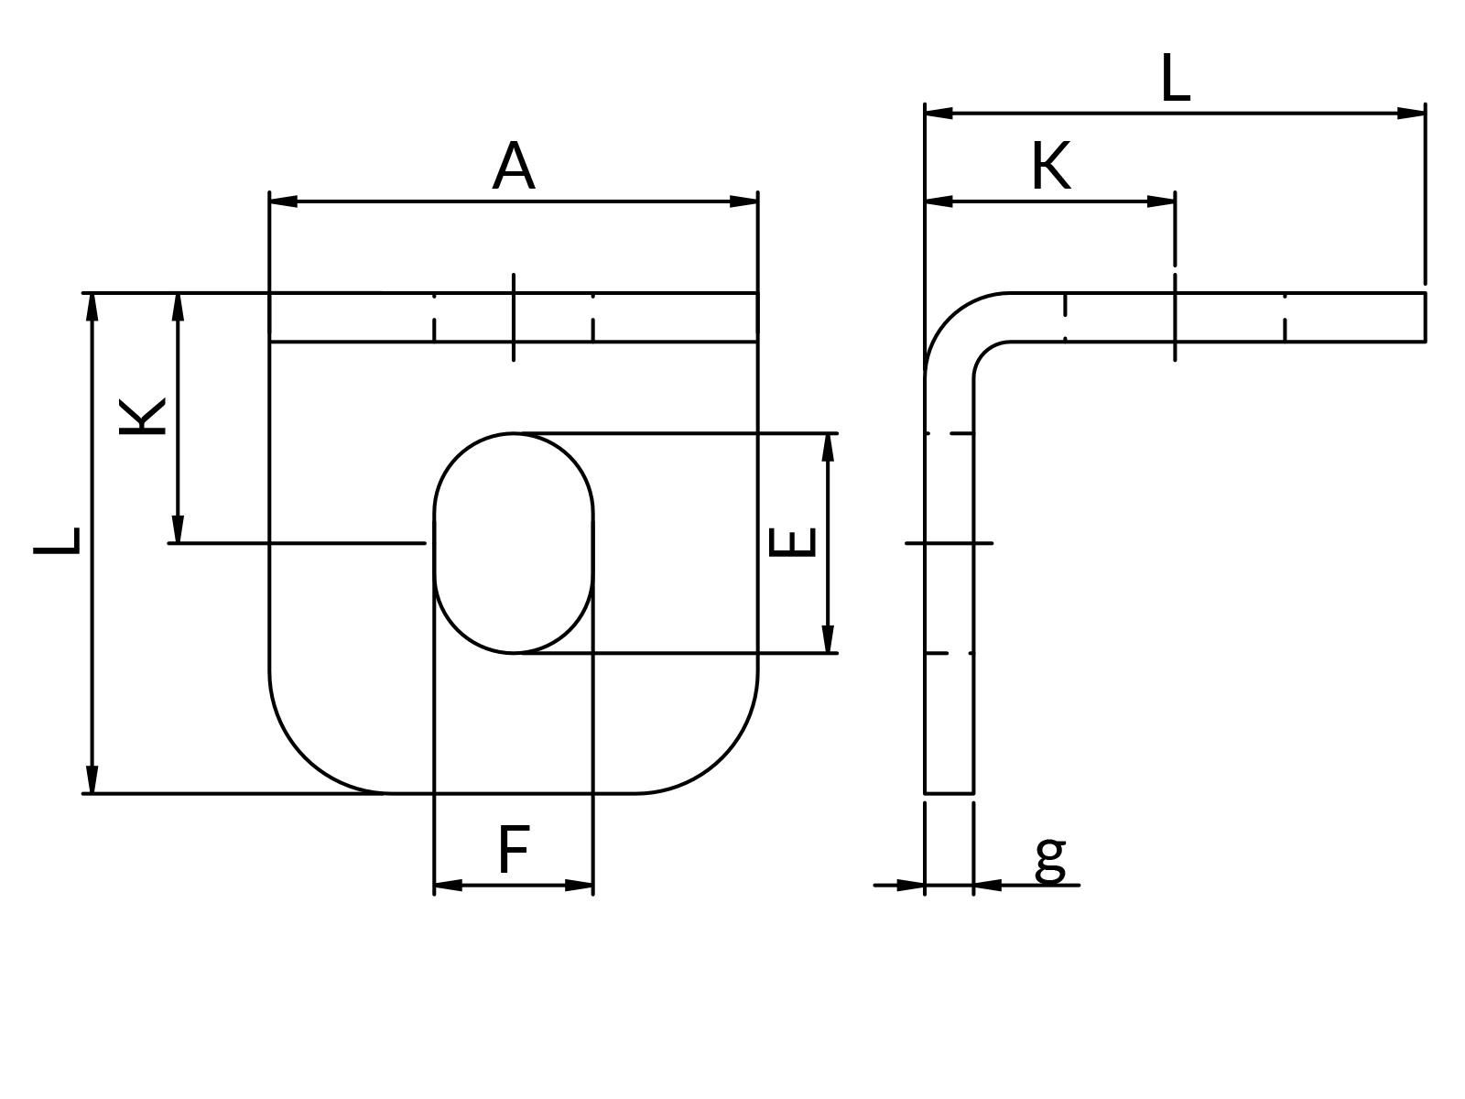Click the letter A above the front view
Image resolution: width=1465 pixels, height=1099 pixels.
[513, 167]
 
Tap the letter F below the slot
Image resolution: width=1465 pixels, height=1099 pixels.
[514, 850]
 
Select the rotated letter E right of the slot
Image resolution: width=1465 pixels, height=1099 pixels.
[793, 542]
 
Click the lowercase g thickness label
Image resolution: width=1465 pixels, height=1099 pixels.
[1050, 858]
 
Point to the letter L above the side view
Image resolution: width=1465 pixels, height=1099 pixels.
[1175, 79]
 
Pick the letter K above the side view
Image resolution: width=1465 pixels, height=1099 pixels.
[1050, 167]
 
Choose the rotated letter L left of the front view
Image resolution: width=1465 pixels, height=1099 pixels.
[58, 541]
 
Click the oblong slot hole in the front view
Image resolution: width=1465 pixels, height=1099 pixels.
[514, 542]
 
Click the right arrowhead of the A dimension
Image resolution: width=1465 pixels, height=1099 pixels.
[743, 201]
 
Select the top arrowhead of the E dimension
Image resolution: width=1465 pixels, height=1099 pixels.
[828, 447]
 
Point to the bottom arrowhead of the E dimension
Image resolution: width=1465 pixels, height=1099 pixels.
[828, 639]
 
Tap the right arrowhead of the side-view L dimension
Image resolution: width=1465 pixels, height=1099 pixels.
[1411, 113]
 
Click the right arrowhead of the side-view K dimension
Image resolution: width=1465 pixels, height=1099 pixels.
[1161, 201]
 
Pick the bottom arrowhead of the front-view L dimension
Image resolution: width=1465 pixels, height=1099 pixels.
[92, 779]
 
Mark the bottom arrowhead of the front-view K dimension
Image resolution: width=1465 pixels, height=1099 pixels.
[178, 529]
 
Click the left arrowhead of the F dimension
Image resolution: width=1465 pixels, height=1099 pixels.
[448, 885]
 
